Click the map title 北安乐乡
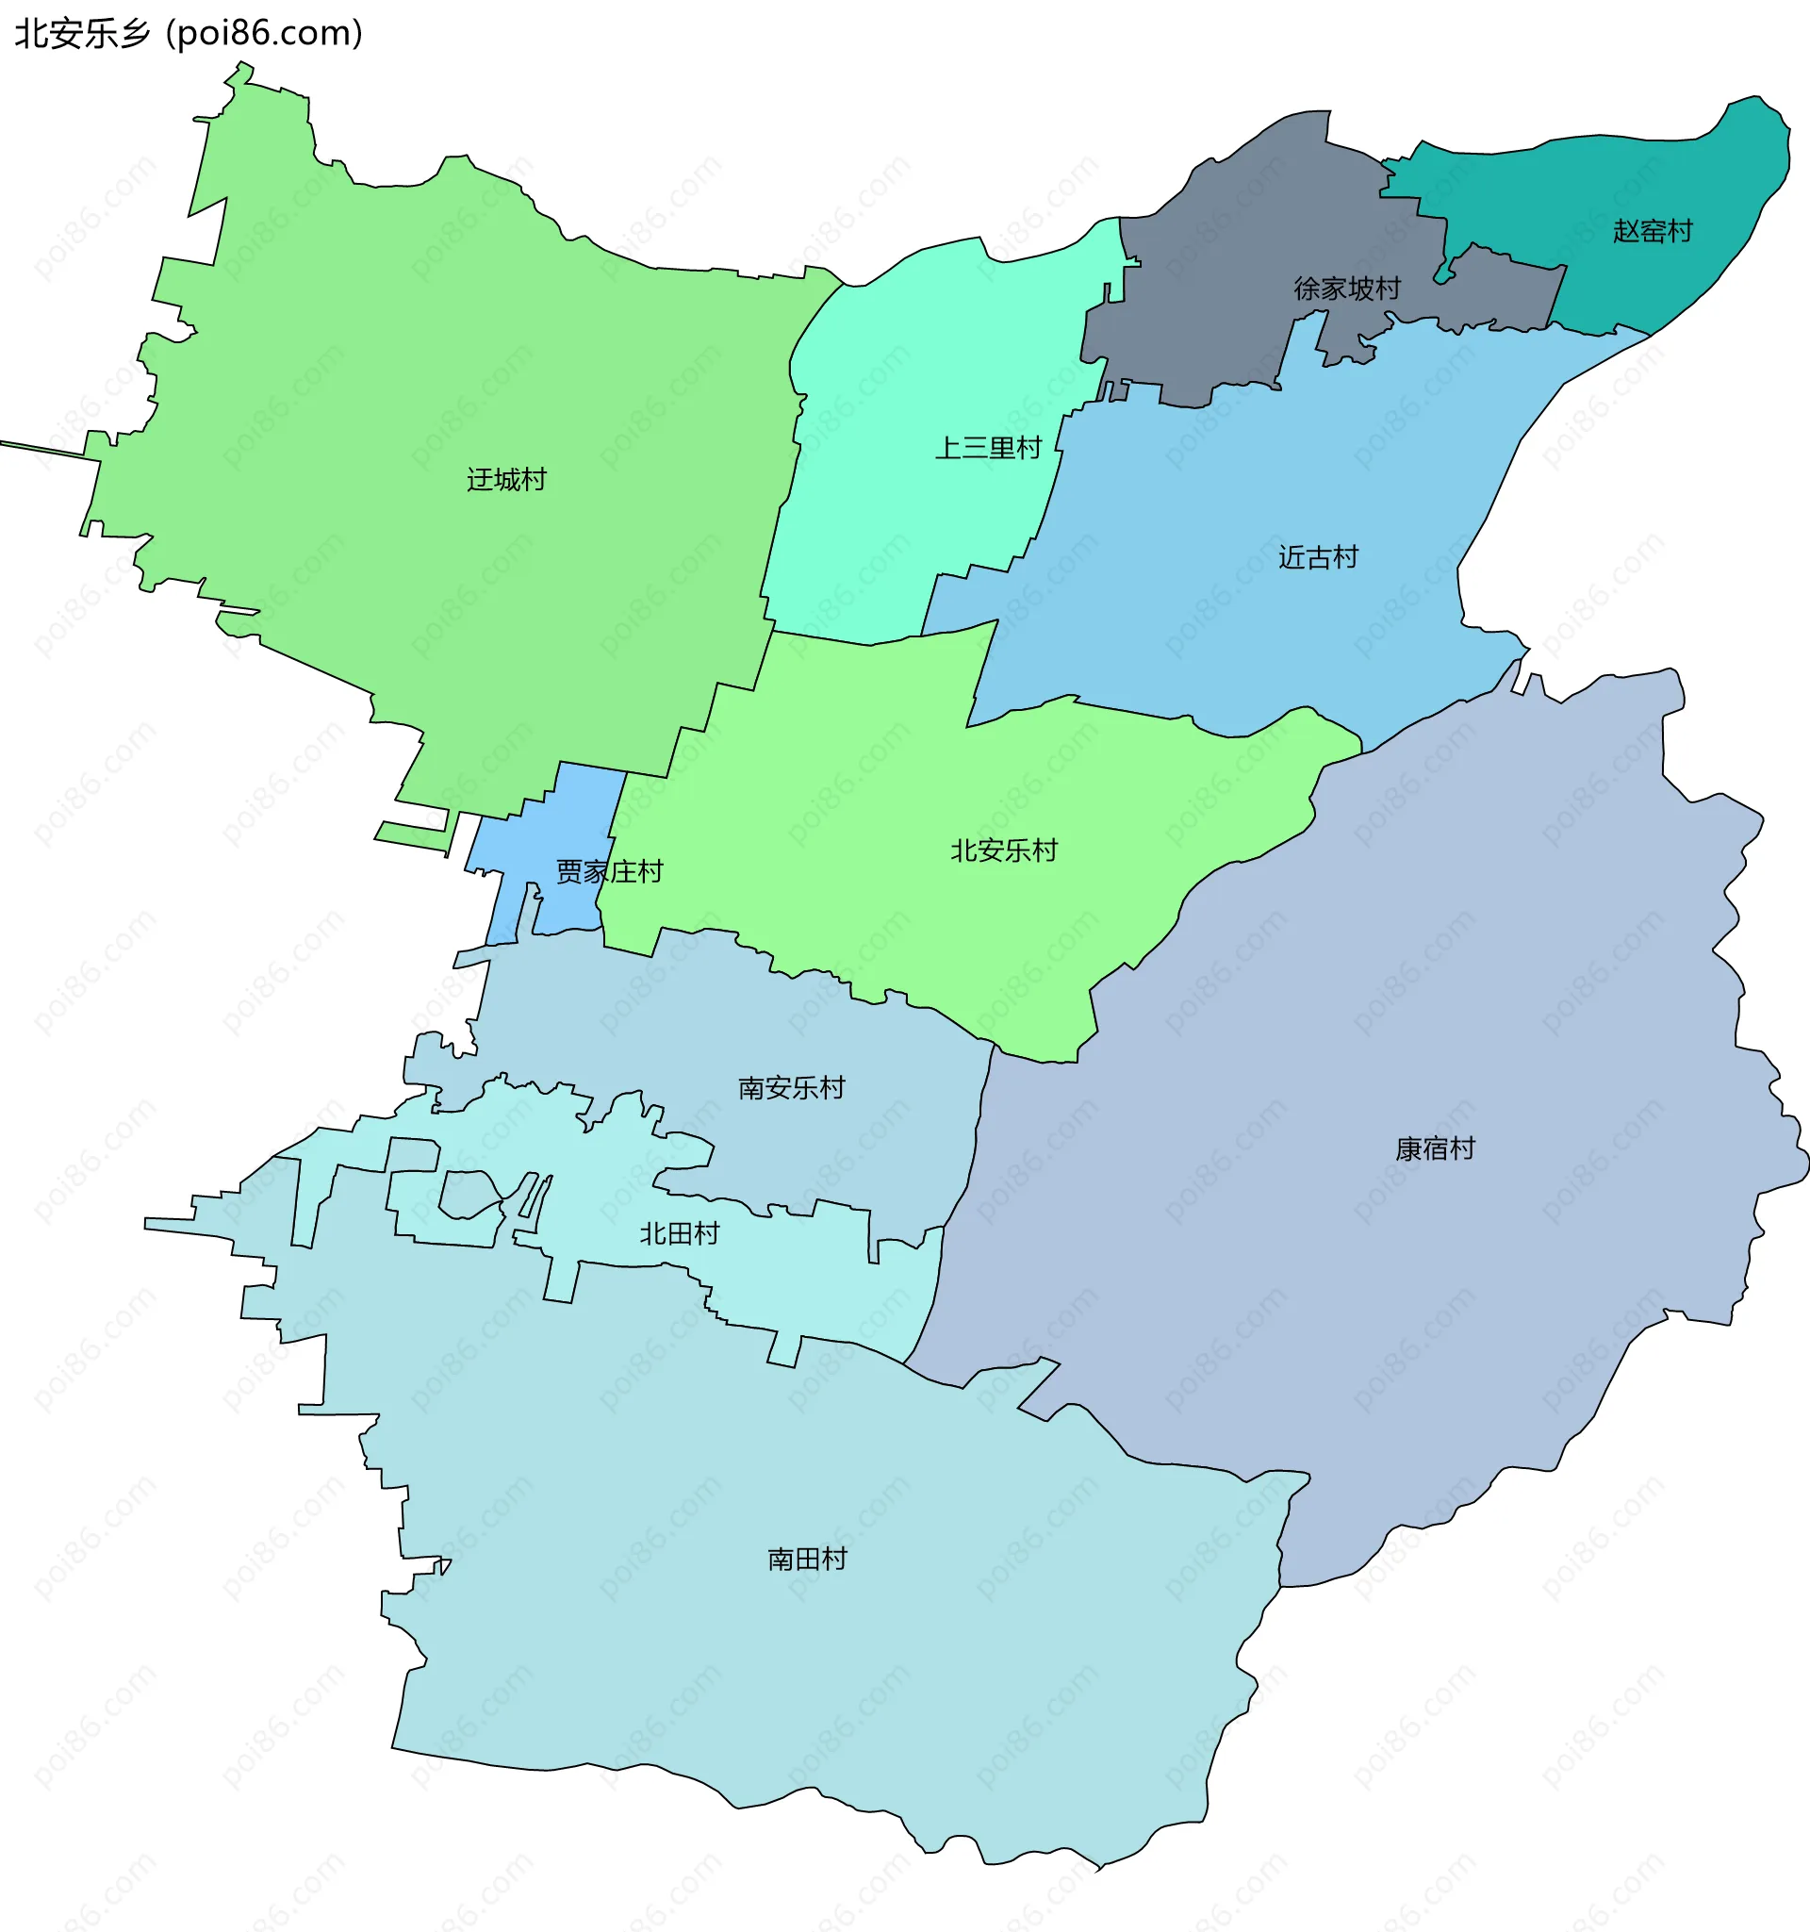click(x=84, y=34)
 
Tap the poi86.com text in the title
click(x=264, y=34)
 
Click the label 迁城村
click(x=506, y=479)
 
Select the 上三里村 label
click(x=988, y=448)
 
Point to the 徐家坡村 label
click(x=1346, y=289)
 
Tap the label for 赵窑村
click(x=1653, y=231)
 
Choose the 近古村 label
click(x=1317, y=557)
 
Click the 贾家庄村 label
click(x=609, y=870)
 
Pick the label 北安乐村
click(x=1004, y=850)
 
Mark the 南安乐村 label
click(x=792, y=1087)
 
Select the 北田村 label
click(x=679, y=1233)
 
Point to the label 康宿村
click(x=1435, y=1148)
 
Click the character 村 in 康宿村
click(x=1462, y=1148)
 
